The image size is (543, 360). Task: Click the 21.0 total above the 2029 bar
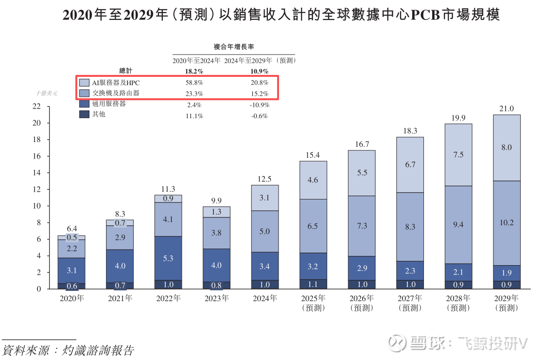[x=507, y=108]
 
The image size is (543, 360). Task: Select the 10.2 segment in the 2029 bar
[x=507, y=223]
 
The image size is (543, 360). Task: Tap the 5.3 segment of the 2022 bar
[x=168, y=258]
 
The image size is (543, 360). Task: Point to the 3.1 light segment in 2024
[x=264, y=198]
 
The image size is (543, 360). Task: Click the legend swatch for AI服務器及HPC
[x=84, y=83]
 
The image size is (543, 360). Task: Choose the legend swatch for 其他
[x=84, y=114]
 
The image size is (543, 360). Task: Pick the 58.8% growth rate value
[x=194, y=83]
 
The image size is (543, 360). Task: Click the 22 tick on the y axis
[x=36, y=107]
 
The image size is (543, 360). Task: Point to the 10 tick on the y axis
[x=36, y=206]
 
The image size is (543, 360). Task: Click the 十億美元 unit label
[x=46, y=93]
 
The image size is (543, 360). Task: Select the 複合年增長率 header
[x=234, y=47]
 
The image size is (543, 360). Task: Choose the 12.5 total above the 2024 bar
[x=264, y=179]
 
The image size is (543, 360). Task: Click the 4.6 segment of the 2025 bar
[x=313, y=180]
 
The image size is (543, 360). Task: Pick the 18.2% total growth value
[x=194, y=71]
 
